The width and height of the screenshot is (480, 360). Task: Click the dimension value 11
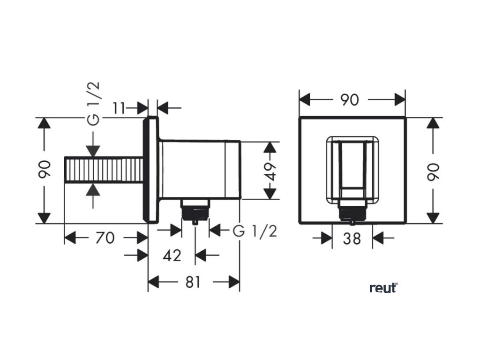pos(120,108)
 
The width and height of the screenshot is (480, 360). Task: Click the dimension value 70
pos(105,238)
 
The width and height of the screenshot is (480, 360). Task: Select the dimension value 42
pos(172,255)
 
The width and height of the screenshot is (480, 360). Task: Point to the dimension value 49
pos(269,171)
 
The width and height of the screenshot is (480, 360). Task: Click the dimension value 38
pos(352,238)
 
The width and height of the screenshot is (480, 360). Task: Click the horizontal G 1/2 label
pos(255,231)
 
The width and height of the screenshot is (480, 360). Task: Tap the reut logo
pos(383,287)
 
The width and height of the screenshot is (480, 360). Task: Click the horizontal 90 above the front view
pos(349,100)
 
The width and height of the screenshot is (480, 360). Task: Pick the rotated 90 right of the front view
pos(433,171)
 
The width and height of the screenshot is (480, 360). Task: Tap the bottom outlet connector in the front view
pos(352,212)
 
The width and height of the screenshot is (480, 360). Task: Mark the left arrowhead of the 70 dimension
pos(70,238)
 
